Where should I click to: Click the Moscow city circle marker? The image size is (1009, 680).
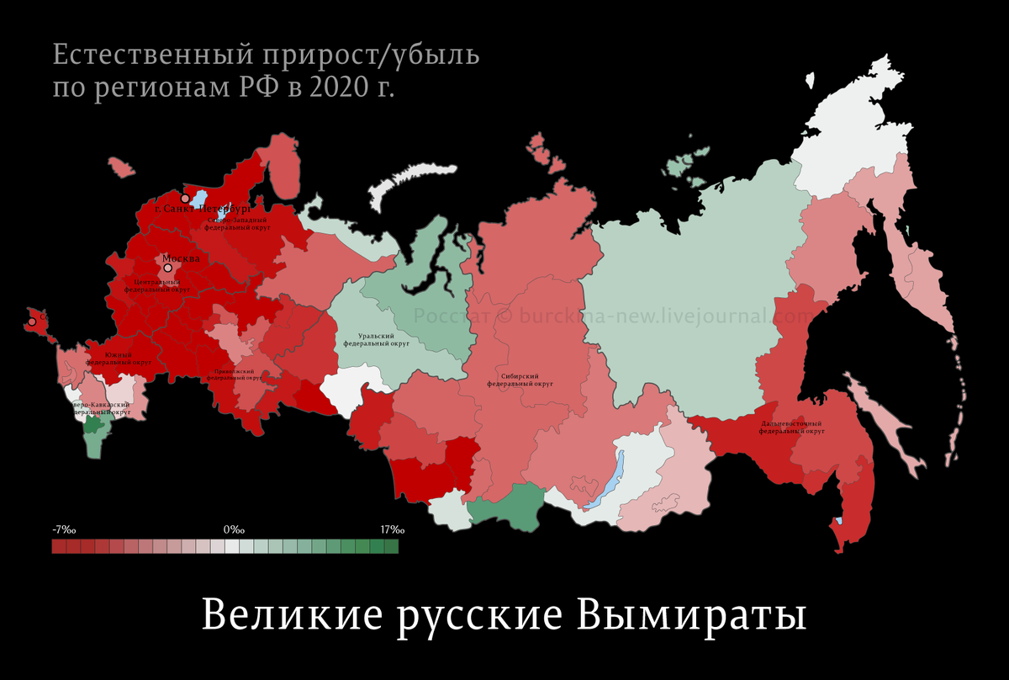[167, 267]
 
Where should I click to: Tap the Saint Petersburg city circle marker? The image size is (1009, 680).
[185, 199]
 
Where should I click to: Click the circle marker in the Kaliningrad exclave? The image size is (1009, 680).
[31, 321]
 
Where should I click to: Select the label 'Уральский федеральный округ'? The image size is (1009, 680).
[377, 339]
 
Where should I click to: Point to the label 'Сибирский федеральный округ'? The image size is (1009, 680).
[519, 380]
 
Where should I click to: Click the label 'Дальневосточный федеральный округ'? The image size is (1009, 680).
[791, 427]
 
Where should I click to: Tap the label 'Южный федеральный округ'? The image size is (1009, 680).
[119, 359]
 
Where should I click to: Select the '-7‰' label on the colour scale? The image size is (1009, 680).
[64, 530]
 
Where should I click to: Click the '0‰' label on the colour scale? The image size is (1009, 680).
[234, 530]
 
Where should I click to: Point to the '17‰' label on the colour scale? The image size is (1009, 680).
[392, 530]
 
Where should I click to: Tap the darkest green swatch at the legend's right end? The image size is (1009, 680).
[391, 547]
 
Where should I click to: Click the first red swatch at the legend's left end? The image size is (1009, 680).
[59, 547]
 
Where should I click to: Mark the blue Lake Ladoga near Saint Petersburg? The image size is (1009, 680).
[200, 198]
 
